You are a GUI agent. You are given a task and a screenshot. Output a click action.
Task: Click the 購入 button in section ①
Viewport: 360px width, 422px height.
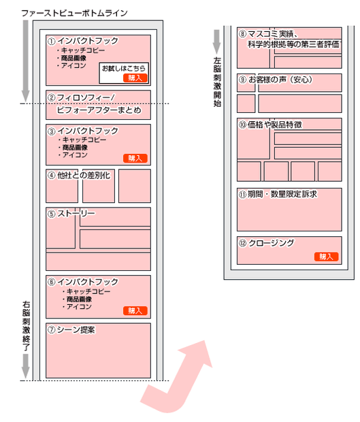coord(135,78)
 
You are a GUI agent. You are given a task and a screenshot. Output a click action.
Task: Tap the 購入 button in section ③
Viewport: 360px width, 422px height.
coord(135,158)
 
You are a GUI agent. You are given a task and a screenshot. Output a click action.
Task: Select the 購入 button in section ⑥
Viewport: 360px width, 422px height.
coord(135,310)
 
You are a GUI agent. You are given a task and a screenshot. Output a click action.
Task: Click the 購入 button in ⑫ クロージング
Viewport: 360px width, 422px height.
coord(327,257)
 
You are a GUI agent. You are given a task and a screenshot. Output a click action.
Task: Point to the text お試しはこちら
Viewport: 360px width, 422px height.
coord(123,68)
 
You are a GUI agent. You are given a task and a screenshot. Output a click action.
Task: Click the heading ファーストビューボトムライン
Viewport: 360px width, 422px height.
coord(74,13)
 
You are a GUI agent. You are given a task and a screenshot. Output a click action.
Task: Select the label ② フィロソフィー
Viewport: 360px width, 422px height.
coord(81,97)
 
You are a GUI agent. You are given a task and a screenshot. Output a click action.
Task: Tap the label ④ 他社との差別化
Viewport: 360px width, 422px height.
coord(79,176)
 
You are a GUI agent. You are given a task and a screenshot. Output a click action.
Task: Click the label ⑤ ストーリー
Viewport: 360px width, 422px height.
coord(71,214)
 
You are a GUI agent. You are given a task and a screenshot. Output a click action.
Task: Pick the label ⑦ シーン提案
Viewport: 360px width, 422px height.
coord(71,329)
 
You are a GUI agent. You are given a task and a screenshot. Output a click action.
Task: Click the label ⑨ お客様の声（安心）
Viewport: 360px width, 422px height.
coord(276,80)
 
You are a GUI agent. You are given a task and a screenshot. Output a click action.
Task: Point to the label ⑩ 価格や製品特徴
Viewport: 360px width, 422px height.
coord(270,125)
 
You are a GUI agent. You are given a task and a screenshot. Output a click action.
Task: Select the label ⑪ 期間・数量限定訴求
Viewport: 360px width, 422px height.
coord(278,194)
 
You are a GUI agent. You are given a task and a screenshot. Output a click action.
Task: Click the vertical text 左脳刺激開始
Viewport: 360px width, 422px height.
coord(217,82)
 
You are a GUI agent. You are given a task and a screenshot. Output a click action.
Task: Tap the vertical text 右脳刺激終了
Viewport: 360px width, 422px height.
coord(26,326)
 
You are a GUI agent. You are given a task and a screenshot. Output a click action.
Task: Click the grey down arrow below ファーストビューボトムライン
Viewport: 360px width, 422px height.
coord(26,61)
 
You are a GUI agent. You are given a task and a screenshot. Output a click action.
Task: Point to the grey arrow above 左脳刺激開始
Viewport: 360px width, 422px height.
coord(217,42)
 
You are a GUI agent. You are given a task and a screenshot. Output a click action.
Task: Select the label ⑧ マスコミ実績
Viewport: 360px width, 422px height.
coord(268,34)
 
